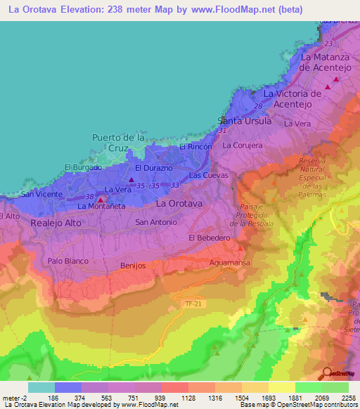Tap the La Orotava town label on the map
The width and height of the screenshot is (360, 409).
179,203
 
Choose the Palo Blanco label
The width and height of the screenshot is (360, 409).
66,261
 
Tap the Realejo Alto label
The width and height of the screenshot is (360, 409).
56,223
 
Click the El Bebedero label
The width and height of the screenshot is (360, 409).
210,238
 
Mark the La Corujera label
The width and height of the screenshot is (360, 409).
243,145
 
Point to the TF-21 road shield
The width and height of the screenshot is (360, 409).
192,304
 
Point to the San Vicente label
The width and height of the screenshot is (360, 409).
38,194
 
